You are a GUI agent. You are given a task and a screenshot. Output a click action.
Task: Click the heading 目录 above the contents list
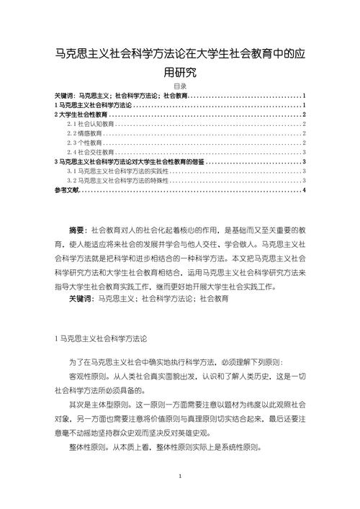[180, 86]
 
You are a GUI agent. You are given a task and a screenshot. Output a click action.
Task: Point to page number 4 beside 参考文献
[305, 190]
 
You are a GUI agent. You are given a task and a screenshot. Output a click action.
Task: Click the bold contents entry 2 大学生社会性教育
[81, 114]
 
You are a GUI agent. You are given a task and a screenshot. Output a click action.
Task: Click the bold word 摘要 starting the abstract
[78, 230]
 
